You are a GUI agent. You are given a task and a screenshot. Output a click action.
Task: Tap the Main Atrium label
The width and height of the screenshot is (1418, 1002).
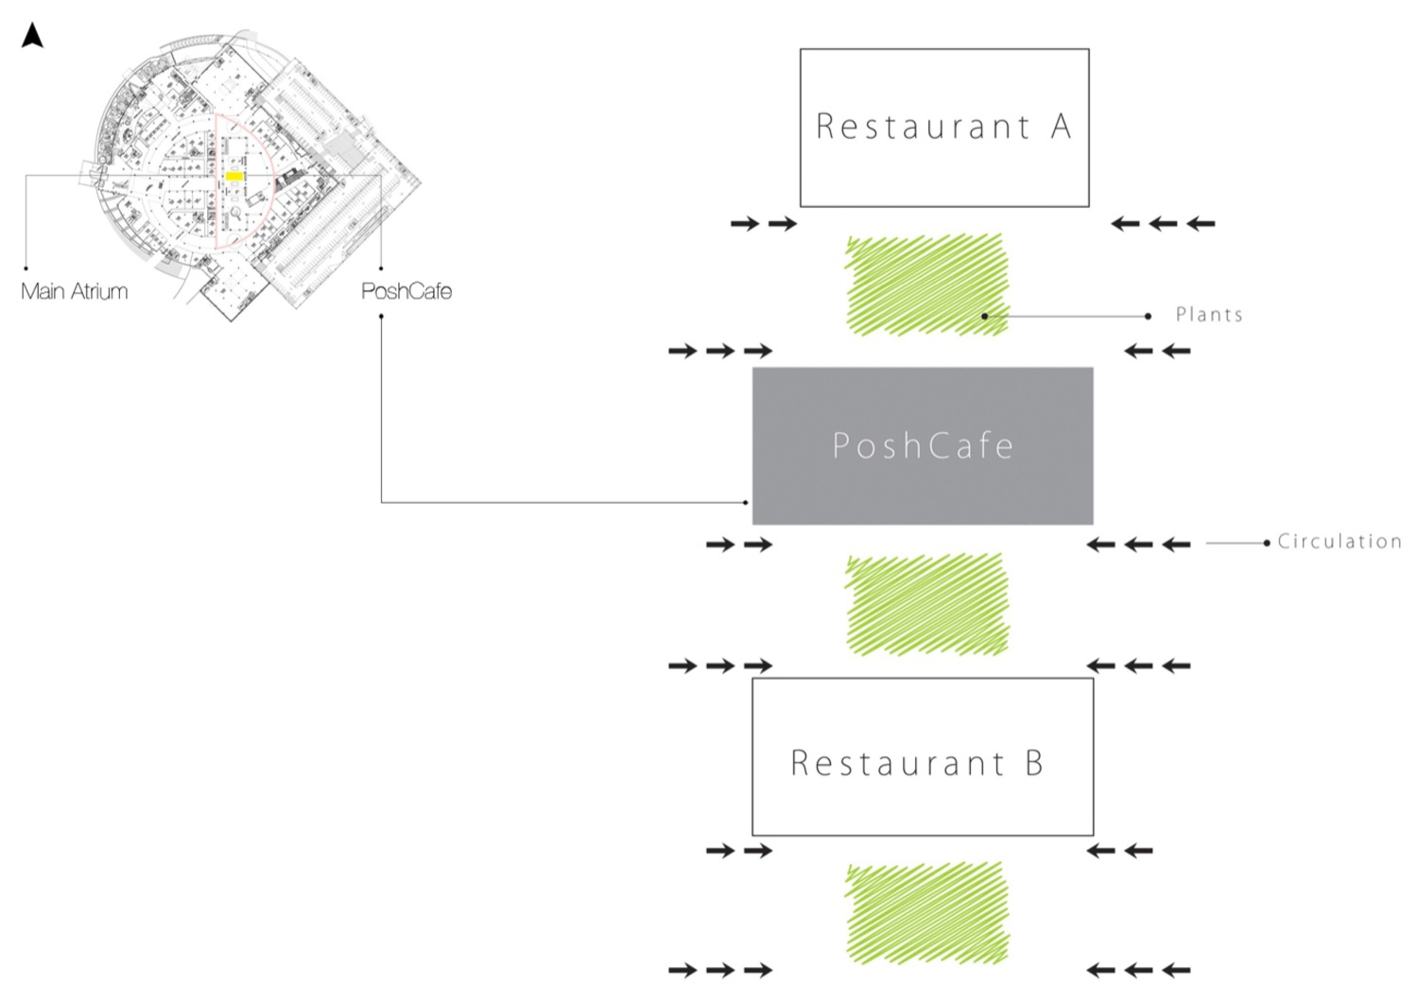[x=74, y=291]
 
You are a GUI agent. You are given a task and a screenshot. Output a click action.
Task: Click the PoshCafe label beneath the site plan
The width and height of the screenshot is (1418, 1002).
[x=406, y=291]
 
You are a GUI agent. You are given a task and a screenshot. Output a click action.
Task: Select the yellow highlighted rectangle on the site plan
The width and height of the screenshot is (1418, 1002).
[x=233, y=176]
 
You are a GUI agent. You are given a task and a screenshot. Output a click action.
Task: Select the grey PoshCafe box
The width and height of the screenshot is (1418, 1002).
[x=923, y=445]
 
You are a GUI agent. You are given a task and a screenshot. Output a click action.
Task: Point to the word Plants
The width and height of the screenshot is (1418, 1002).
[x=1209, y=315]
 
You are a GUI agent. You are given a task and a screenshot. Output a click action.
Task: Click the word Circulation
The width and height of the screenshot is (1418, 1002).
[x=1340, y=542]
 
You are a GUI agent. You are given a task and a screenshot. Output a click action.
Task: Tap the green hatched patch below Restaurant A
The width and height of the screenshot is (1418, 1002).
[x=926, y=285]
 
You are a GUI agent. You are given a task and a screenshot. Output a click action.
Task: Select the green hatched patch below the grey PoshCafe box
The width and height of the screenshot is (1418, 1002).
[x=926, y=604]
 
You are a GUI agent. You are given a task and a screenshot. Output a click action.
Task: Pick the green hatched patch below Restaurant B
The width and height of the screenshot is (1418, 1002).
[x=926, y=912]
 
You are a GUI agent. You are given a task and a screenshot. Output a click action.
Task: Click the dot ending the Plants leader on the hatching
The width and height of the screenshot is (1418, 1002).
[x=984, y=316]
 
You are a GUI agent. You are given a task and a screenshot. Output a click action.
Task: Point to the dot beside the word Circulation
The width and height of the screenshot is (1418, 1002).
[x=1267, y=544]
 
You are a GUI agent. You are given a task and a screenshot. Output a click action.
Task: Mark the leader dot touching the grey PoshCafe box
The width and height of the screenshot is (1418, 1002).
[x=746, y=503]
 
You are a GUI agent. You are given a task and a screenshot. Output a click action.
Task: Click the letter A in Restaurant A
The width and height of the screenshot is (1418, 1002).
[x=1062, y=126]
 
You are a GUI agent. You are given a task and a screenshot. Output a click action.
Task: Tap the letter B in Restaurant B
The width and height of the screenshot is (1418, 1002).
[x=1034, y=763]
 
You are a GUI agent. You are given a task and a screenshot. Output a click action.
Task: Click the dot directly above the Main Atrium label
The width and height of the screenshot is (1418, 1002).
[x=26, y=268]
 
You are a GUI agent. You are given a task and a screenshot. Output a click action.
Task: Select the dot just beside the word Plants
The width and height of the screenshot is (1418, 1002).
[x=1149, y=316]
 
